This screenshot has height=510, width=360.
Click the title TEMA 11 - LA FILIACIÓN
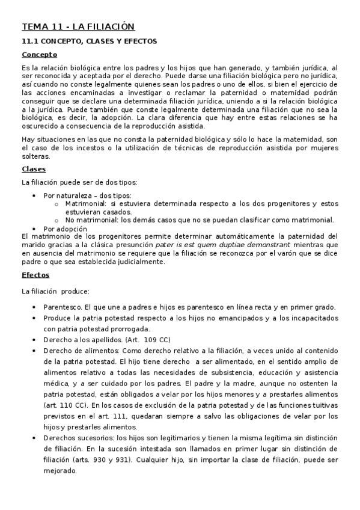click(x=78, y=26)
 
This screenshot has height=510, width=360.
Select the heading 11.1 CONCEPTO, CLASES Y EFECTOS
click(x=89, y=41)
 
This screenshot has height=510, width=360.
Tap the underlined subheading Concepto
click(x=39, y=55)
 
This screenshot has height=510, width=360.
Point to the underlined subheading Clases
click(x=34, y=169)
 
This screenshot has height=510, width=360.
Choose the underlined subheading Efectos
click(x=35, y=275)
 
